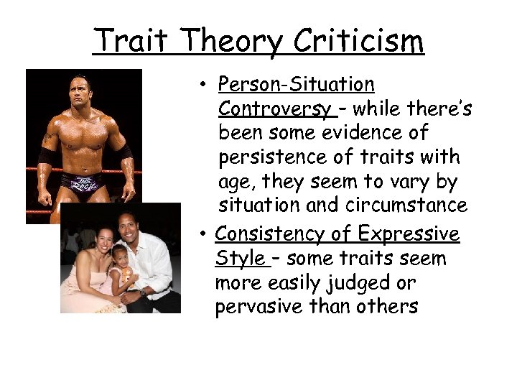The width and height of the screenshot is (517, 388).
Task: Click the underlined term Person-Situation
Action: (x=296, y=85)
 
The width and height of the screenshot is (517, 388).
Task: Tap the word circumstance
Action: (x=409, y=205)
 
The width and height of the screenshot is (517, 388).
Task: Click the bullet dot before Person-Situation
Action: (x=205, y=86)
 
